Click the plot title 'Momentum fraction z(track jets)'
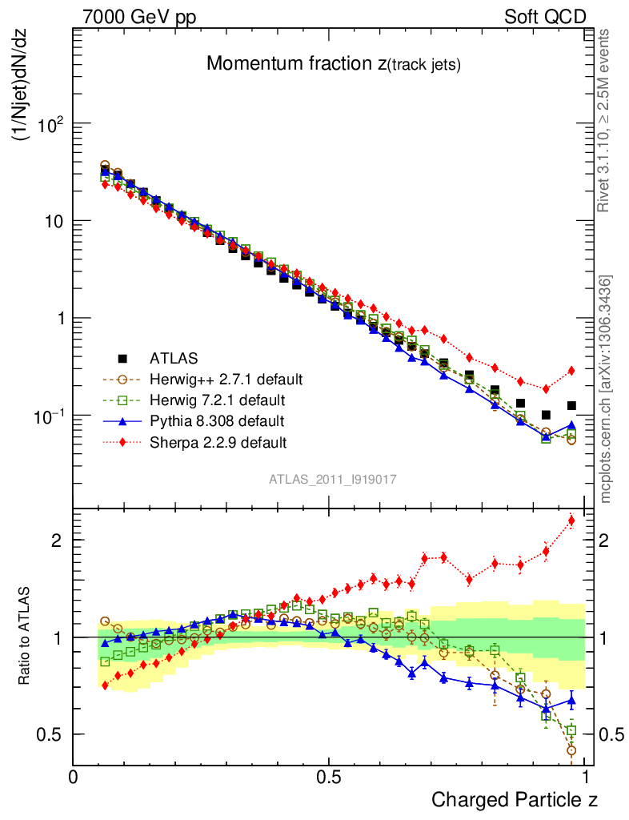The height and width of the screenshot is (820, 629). point(333,64)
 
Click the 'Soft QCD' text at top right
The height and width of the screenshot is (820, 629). point(545,17)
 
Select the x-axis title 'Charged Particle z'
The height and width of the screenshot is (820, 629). point(515,799)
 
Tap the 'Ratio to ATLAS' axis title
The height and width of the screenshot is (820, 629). point(26,637)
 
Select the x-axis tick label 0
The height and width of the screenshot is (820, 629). point(74,777)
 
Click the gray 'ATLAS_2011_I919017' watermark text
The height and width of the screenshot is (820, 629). point(332,479)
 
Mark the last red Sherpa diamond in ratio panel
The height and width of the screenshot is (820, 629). point(571,521)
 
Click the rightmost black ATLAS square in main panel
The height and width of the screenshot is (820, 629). point(571,406)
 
